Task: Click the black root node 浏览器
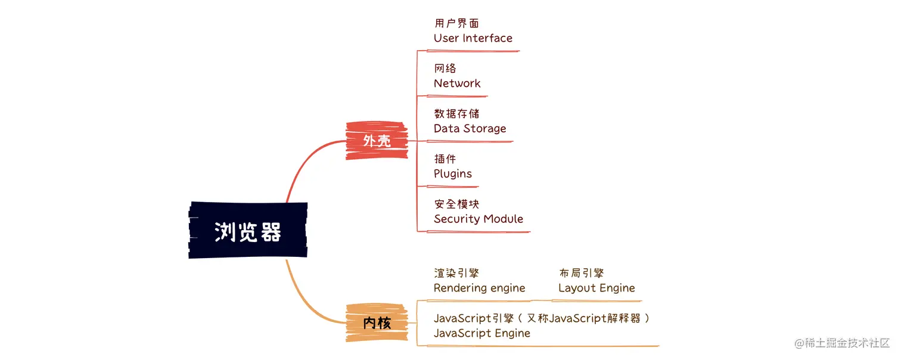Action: pyautogui.click(x=248, y=231)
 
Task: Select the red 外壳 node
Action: pyautogui.click(x=377, y=141)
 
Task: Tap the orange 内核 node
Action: pyautogui.click(x=377, y=323)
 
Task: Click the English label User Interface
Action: pyautogui.click(x=473, y=38)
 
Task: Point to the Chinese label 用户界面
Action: pyautogui.click(x=456, y=23)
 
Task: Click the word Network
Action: pyautogui.click(x=457, y=83)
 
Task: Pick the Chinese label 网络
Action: pyautogui.click(x=445, y=69)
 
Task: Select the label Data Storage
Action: pyautogui.click(x=470, y=129)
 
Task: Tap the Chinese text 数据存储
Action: pyautogui.click(x=456, y=114)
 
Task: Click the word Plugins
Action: pyautogui.click(x=453, y=174)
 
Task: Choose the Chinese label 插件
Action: pyautogui.click(x=445, y=159)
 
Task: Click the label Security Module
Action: pyautogui.click(x=479, y=219)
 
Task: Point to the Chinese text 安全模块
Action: pyautogui.click(x=456, y=204)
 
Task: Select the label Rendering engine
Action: pyautogui.click(x=479, y=288)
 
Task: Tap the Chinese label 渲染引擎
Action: pyautogui.click(x=456, y=274)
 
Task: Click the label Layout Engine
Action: pyautogui.click(x=596, y=288)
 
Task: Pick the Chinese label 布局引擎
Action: pyautogui.click(x=581, y=274)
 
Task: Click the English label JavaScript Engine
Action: pyautogui.click(x=481, y=333)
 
